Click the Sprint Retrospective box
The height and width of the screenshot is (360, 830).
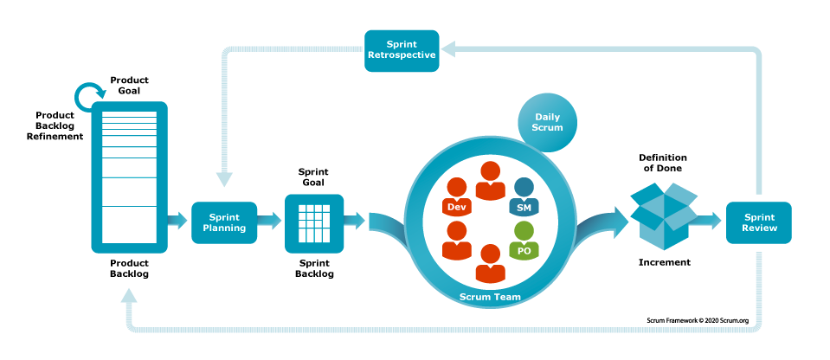click(x=401, y=50)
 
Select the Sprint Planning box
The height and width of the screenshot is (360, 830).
click(x=223, y=222)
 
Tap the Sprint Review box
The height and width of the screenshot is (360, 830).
click(x=759, y=222)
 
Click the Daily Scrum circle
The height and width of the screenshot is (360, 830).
click(x=548, y=122)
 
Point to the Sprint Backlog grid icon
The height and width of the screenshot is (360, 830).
click(x=313, y=222)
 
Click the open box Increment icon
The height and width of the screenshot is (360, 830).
click(x=662, y=217)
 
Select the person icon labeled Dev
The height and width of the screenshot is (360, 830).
click(x=456, y=198)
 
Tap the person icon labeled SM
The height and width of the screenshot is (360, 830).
click(x=524, y=198)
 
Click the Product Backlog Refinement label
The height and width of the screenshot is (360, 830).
click(x=59, y=125)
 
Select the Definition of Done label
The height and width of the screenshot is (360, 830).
click(x=662, y=163)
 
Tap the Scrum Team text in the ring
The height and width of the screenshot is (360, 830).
click(x=489, y=297)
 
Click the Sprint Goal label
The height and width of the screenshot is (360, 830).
click(x=313, y=178)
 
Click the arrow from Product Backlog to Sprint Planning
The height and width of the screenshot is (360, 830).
click(x=177, y=222)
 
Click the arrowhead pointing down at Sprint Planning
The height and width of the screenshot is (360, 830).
click(x=224, y=178)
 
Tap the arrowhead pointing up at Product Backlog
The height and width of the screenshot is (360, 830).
click(x=129, y=297)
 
